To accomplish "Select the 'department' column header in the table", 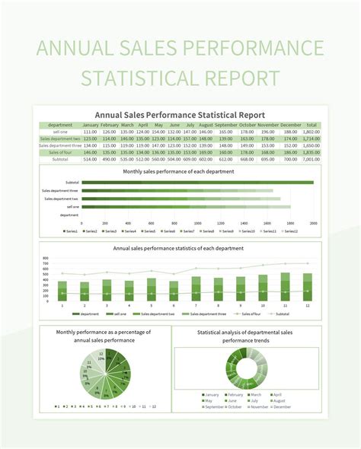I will coord(59,125).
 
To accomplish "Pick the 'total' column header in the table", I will coord(311,125).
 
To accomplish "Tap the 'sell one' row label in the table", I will coord(59,132).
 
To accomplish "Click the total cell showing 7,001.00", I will coord(311,159).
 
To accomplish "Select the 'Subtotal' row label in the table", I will coord(59,159).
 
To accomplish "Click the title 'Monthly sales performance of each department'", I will coord(179,171).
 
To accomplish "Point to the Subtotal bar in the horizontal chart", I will coord(197,183).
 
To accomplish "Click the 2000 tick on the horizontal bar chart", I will coord(313,223).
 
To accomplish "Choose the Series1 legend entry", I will coord(71,231).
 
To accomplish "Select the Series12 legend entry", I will coord(289,231).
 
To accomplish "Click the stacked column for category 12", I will coord(308,285).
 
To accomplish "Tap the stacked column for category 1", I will coord(62,291).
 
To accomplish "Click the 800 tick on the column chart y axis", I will coord(46,259).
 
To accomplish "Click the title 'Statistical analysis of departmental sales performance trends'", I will coord(246,336).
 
